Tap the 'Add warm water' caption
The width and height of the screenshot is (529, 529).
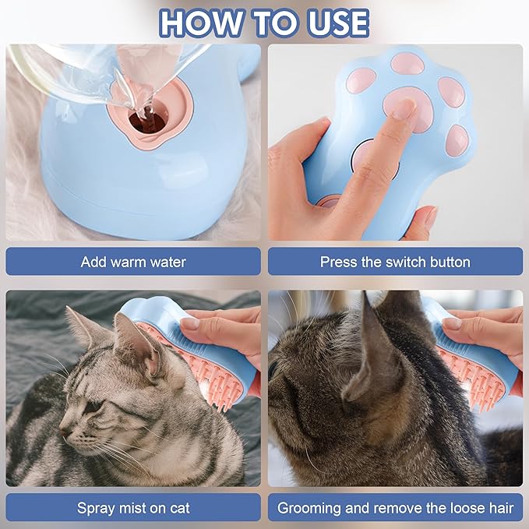(x=133, y=262)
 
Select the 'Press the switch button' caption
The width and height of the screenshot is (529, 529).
(x=395, y=262)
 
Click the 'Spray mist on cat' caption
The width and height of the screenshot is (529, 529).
(x=133, y=508)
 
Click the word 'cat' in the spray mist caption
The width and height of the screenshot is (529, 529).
(x=178, y=508)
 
